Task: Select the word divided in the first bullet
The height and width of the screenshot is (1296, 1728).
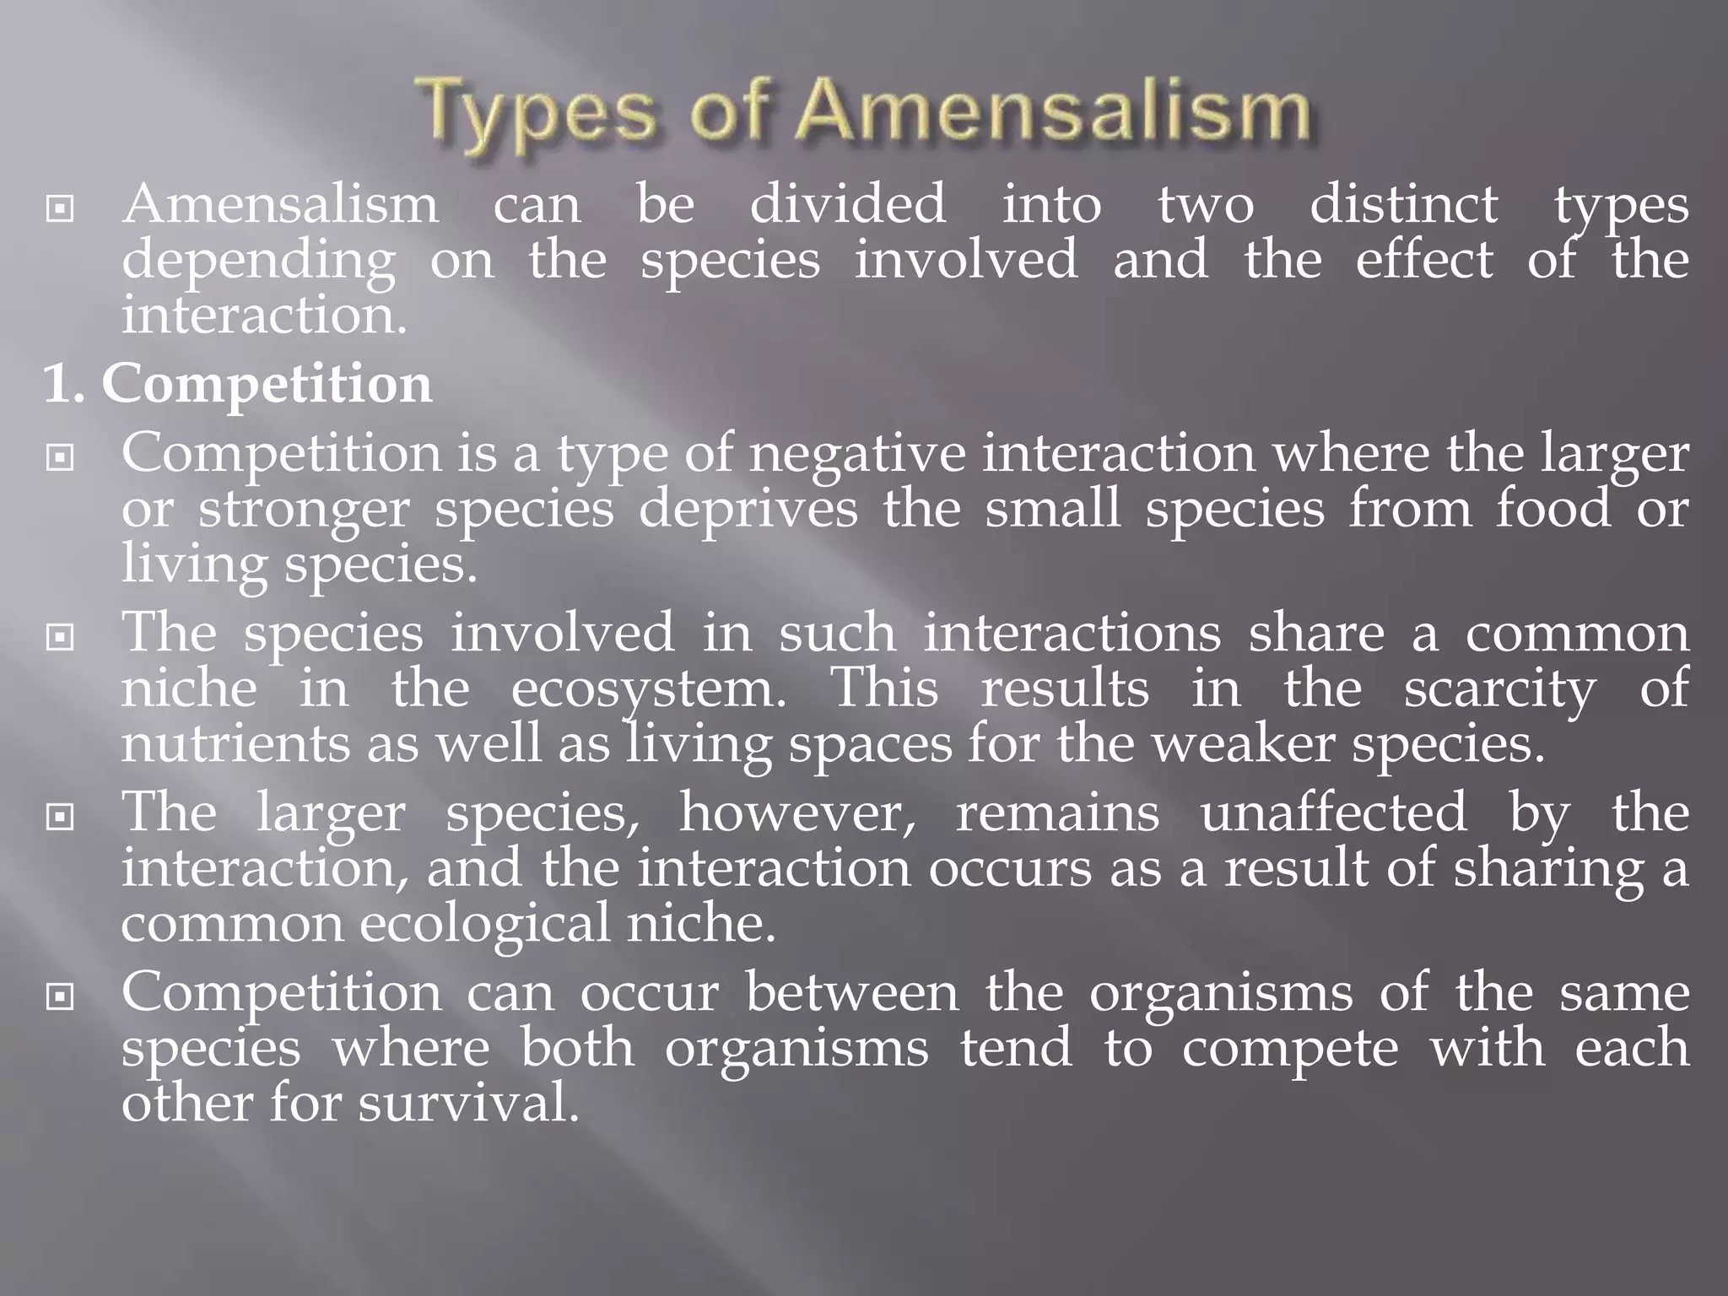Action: (848, 205)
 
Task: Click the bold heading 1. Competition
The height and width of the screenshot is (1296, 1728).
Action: (238, 384)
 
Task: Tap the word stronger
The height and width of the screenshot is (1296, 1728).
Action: (304, 511)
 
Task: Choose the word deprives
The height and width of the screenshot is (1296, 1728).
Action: (748, 510)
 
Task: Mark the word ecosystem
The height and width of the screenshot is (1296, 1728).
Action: (648, 690)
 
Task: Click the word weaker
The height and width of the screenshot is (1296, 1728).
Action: (1244, 745)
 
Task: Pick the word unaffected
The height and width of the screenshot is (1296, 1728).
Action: (1333, 813)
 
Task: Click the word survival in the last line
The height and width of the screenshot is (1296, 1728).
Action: (468, 1104)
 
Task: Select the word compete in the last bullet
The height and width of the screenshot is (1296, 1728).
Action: (1289, 1049)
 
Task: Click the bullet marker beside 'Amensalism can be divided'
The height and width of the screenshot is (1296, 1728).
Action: (60, 208)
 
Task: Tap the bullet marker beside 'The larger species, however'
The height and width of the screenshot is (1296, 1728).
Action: (60, 817)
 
